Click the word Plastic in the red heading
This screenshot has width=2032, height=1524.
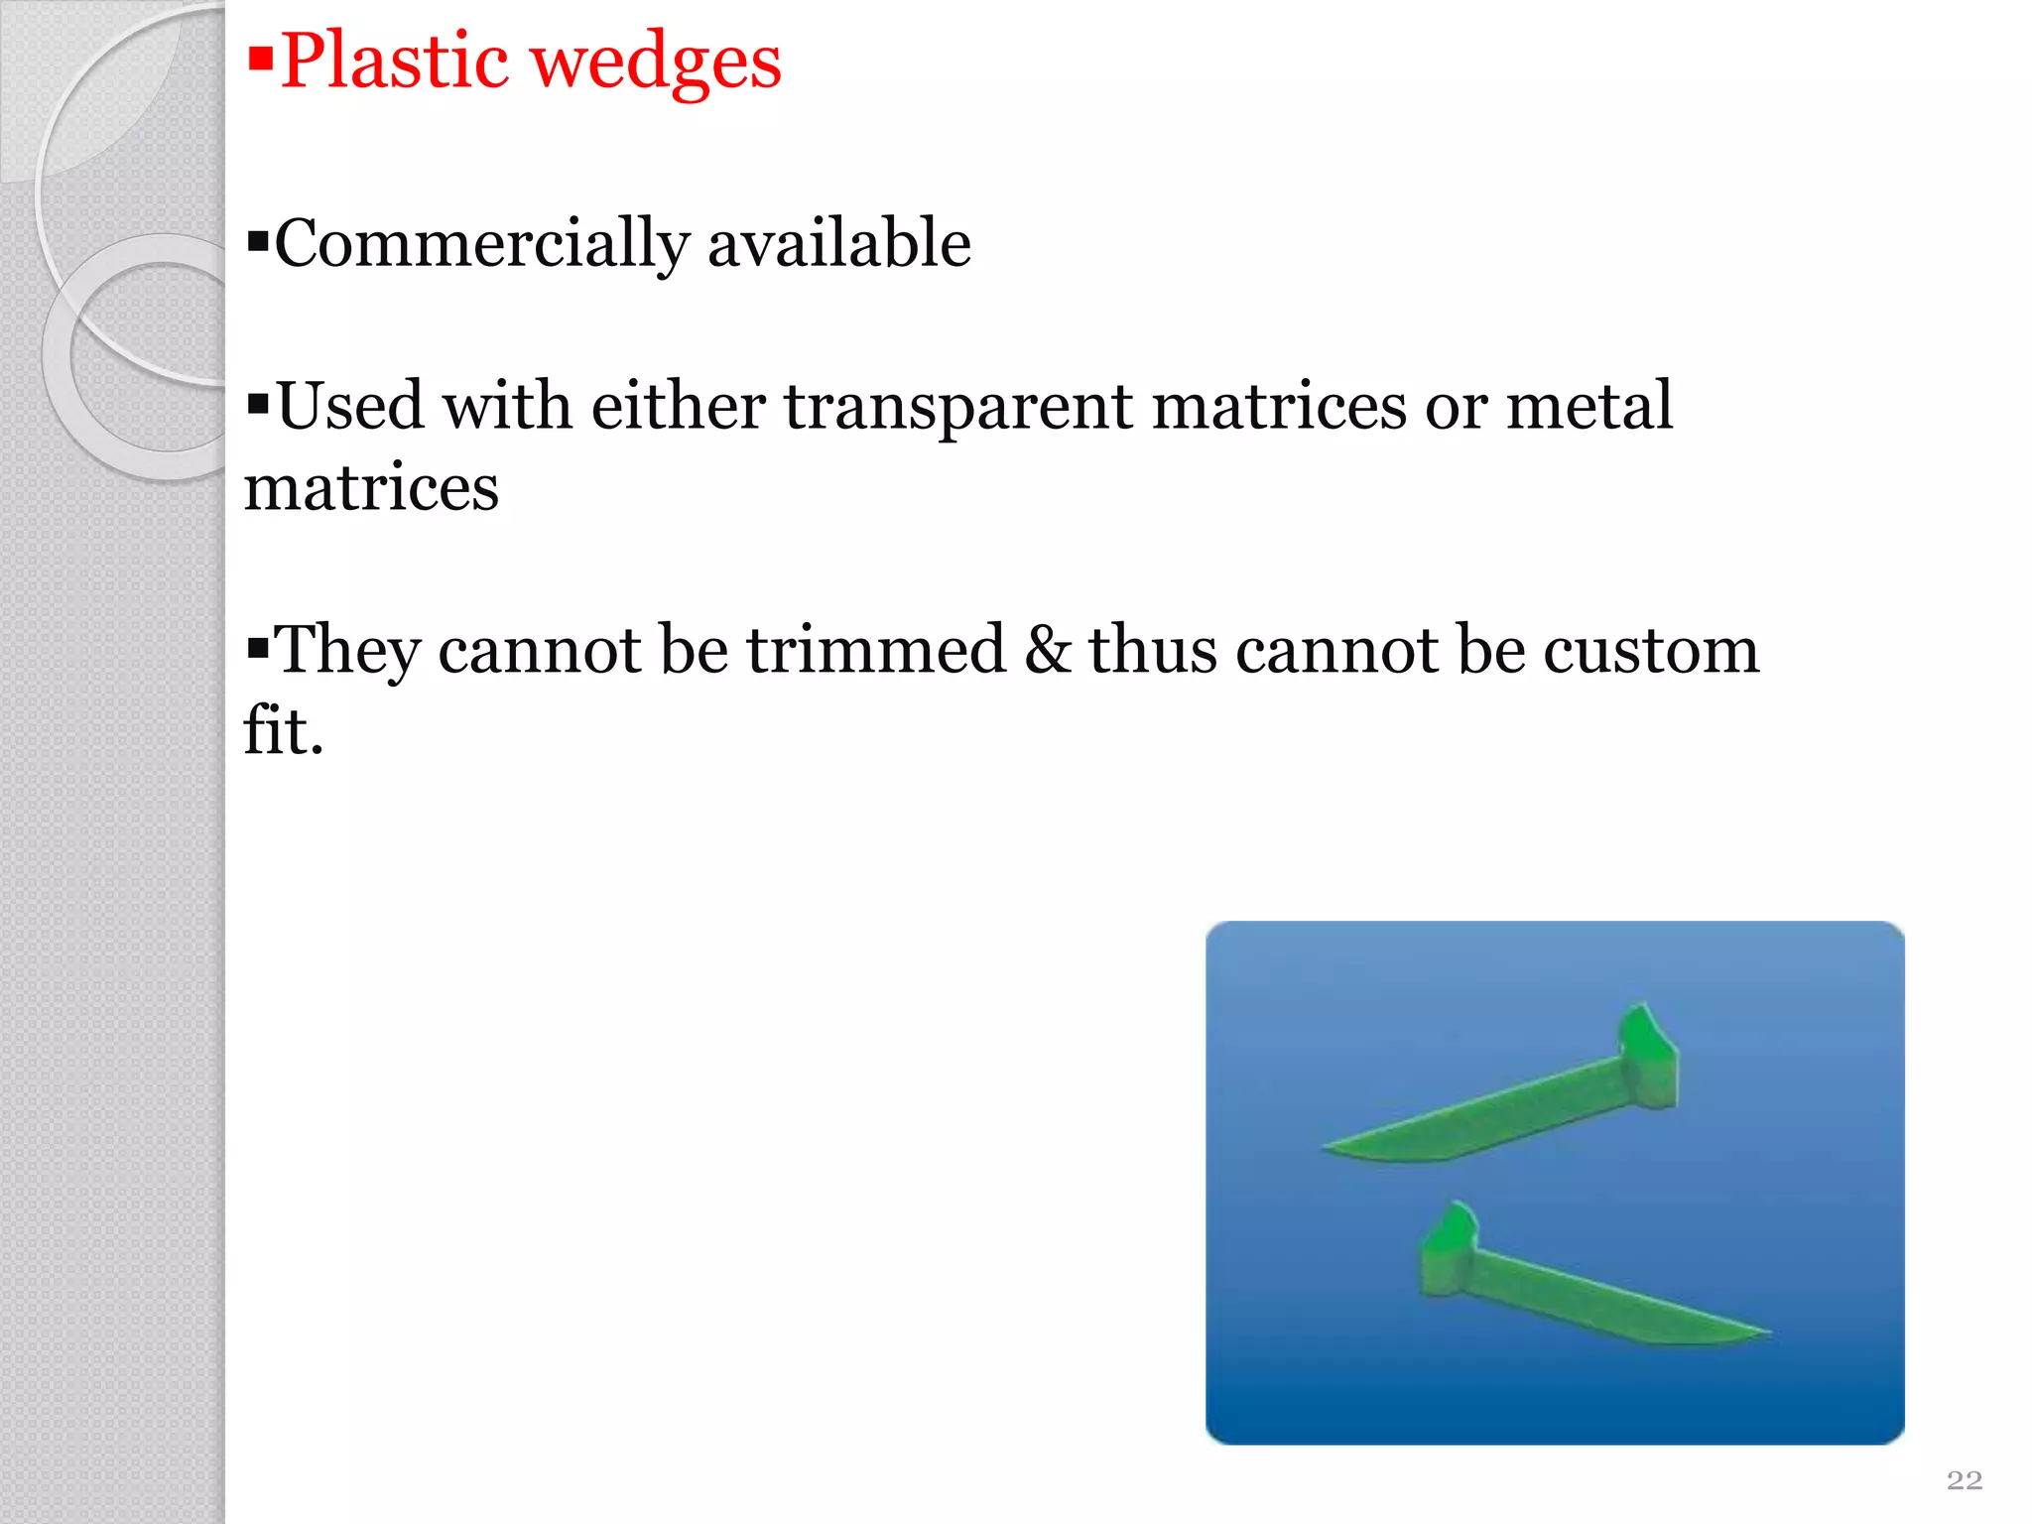tap(394, 62)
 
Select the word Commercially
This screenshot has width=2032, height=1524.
tap(481, 244)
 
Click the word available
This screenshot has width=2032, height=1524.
tap(838, 243)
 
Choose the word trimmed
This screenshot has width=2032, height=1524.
tap(876, 650)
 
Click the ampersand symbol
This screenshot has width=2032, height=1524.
tap(1048, 650)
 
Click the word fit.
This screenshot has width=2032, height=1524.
tap(283, 731)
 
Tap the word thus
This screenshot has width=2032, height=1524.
tap(1153, 650)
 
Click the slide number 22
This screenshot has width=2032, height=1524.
tap(1965, 1480)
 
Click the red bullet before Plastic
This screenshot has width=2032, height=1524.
tap(260, 60)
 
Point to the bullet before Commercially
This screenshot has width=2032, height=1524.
tap(258, 241)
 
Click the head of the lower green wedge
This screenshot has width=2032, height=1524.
tap(1449, 1250)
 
